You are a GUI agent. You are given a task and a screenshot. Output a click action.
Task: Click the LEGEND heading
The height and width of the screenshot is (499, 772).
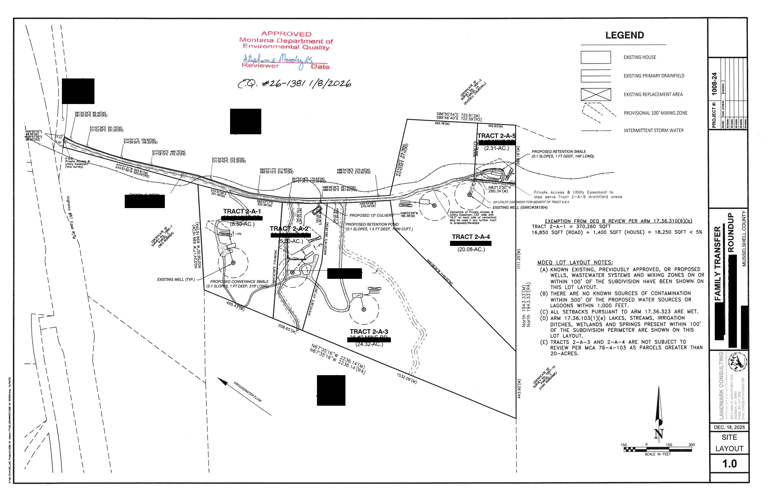(624, 35)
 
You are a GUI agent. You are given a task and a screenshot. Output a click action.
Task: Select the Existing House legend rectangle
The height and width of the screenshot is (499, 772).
(595, 57)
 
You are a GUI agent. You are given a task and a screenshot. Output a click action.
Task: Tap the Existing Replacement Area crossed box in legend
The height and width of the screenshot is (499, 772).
(595, 94)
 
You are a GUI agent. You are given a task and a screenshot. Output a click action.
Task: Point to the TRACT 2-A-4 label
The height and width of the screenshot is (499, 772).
(471, 237)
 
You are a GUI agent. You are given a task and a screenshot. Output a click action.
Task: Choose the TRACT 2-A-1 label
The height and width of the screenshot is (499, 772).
(242, 211)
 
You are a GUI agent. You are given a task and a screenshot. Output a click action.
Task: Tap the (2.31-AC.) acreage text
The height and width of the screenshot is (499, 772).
(496, 148)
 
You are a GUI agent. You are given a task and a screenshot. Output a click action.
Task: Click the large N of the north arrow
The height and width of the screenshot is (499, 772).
(658, 434)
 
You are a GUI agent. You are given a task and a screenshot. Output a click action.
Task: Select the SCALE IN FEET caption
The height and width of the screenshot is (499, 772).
(658, 454)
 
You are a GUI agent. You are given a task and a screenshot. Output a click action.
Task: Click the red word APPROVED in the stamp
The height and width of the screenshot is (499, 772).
(286, 34)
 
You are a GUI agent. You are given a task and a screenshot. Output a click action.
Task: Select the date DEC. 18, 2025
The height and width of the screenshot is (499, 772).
(729, 427)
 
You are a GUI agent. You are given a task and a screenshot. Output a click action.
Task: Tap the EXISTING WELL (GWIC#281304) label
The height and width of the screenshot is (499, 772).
(520, 207)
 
